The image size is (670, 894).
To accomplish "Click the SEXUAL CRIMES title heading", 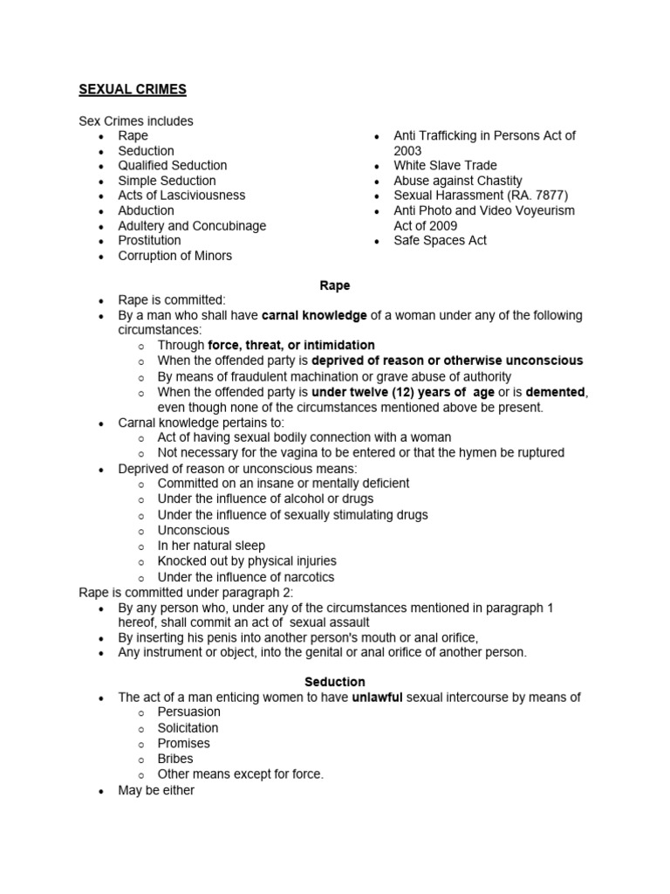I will coord(133,89).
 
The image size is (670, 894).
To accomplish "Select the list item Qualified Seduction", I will coord(173,165).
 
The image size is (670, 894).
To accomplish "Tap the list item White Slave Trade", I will coord(445,165).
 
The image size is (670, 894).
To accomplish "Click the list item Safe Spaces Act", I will coord(440,240).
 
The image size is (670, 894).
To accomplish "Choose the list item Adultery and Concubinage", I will coord(192,225).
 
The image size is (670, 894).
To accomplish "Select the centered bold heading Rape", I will coord(335,285).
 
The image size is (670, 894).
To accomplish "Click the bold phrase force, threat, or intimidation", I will coord(291,345).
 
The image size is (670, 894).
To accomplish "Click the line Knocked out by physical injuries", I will coord(246,560).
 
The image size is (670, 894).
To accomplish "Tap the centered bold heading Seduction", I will coord(335,682).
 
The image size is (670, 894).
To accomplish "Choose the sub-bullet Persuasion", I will coord(188,712).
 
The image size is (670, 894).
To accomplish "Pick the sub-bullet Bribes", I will coord(175,759).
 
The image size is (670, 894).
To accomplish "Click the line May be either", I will coord(156,790).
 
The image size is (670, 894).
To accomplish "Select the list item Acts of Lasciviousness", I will coord(181,196).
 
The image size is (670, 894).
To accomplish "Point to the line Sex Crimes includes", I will coord(136,120).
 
